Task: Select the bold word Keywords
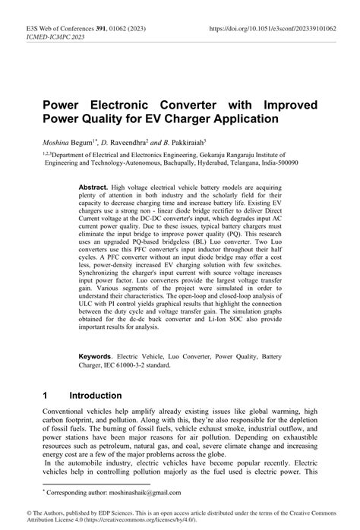[x=99, y=356]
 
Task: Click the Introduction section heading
[x=95, y=396]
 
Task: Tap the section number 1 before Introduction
[x=46, y=396]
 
